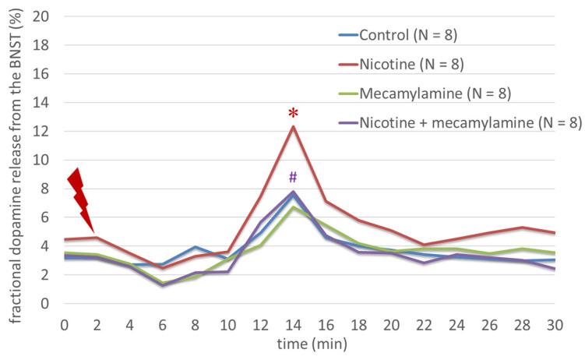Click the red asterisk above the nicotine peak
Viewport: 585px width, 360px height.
coord(293,114)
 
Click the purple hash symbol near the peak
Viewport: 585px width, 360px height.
coord(293,177)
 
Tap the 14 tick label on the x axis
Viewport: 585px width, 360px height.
coord(293,323)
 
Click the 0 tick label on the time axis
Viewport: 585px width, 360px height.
coord(65,323)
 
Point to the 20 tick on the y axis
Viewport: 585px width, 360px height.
coord(44,16)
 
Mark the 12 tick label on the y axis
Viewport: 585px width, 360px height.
coord(44,132)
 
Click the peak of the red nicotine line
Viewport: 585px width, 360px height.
coord(293,126)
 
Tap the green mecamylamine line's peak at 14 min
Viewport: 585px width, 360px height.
coord(293,206)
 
